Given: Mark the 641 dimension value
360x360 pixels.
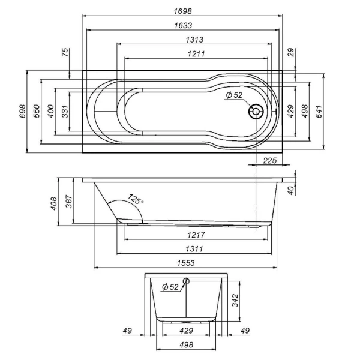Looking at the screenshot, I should [321, 111].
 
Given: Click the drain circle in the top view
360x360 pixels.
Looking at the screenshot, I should [257, 112].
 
